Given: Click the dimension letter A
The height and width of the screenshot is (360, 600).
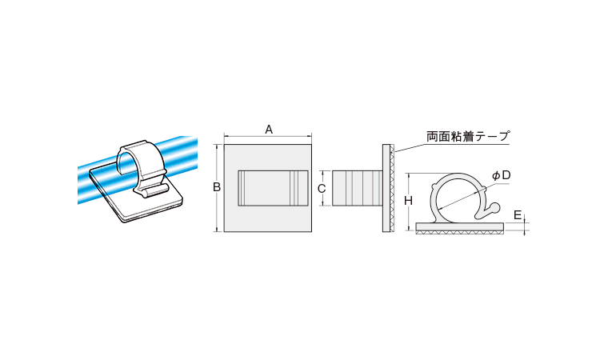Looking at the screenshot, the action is click(x=269, y=130).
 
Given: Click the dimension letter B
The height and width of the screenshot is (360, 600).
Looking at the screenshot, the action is click(x=217, y=187).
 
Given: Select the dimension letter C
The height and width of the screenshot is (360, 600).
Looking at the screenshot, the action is click(x=322, y=188).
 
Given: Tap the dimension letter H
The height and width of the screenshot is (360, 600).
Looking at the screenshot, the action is click(x=409, y=201).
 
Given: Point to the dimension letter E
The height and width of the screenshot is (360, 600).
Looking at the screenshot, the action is click(x=518, y=215).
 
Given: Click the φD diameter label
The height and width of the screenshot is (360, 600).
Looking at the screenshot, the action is click(x=502, y=176).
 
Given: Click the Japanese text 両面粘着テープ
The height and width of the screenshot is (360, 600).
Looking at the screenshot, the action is click(x=468, y=136).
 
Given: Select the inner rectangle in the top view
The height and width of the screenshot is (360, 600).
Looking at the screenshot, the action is click(x=273, y=188).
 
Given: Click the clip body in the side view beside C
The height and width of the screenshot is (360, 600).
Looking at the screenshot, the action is click(x=357, y=188).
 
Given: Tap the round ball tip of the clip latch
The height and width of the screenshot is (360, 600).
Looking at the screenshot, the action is click(x=494, y=208).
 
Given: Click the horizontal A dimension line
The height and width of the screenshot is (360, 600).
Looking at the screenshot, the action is click(x=268, y=136).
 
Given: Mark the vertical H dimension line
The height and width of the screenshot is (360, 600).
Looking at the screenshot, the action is click(x=409, y=202).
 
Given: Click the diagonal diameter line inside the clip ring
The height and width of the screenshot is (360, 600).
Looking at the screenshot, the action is click(x=462, y=198).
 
